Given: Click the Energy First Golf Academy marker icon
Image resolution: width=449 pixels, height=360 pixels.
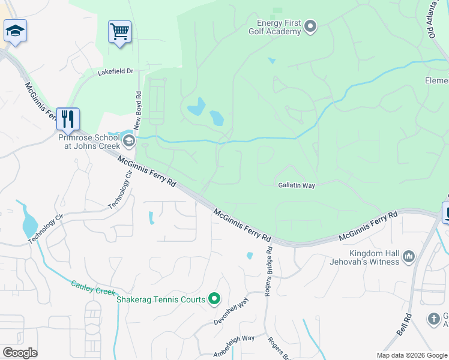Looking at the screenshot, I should (310, 26).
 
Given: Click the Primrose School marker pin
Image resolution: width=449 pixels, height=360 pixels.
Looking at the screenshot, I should (128, 141).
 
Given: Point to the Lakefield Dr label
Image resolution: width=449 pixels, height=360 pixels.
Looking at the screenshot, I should (115, 71).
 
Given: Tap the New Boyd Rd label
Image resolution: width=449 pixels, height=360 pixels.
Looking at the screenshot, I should (138, 110).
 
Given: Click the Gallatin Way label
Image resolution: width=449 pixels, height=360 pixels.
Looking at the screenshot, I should (297, 186).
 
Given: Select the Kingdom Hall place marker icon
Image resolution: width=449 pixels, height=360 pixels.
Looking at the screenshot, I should (409, 257).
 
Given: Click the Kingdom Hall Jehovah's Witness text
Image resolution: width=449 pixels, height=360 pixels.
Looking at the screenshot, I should (364, 257).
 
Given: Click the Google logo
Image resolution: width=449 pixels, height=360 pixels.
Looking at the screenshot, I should (20, 352).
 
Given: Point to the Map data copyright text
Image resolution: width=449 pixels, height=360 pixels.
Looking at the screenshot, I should (412, 355).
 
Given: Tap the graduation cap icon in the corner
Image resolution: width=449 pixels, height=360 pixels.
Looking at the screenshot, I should (14, 31).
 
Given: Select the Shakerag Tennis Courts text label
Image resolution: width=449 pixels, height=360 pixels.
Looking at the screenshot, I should (161, 299).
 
